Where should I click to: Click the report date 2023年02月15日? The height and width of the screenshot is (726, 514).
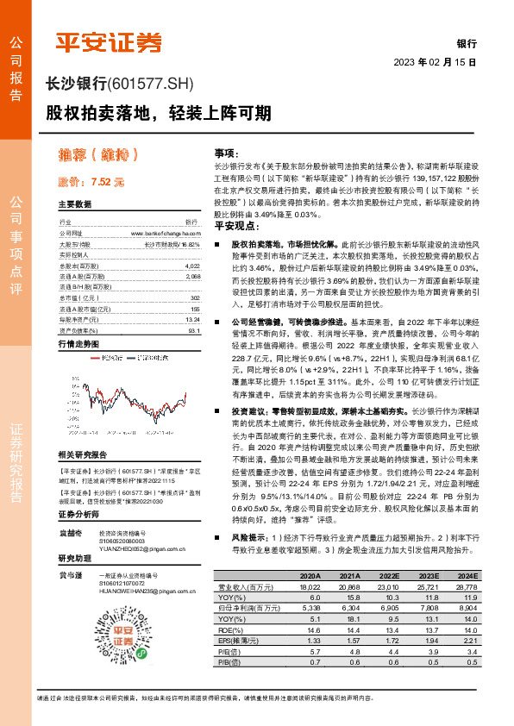click(x=436, y=62)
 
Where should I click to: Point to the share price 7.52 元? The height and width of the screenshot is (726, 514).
click(x=91, y=183)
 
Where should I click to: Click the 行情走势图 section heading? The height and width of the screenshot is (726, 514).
click(x=79, y=343)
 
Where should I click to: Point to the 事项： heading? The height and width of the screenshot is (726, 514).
click(x=227, y=150)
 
